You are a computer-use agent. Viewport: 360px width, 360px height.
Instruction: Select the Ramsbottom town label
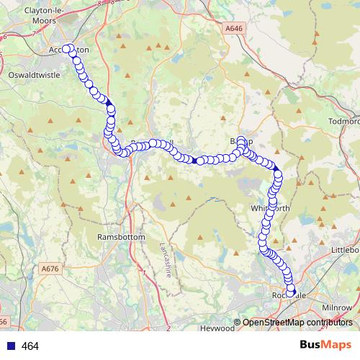click(x=121, y=237)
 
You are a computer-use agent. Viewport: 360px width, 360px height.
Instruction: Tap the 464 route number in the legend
click(x=30, y=346)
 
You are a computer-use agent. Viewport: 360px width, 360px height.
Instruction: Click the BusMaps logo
click(x=326, y=346)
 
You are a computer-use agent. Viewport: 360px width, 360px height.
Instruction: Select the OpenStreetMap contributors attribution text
click(x=297, y=323)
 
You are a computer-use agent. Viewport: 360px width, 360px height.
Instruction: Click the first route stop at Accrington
click(x=66, y=49)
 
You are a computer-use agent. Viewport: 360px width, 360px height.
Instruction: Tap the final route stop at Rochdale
click(x=291, y=292)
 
